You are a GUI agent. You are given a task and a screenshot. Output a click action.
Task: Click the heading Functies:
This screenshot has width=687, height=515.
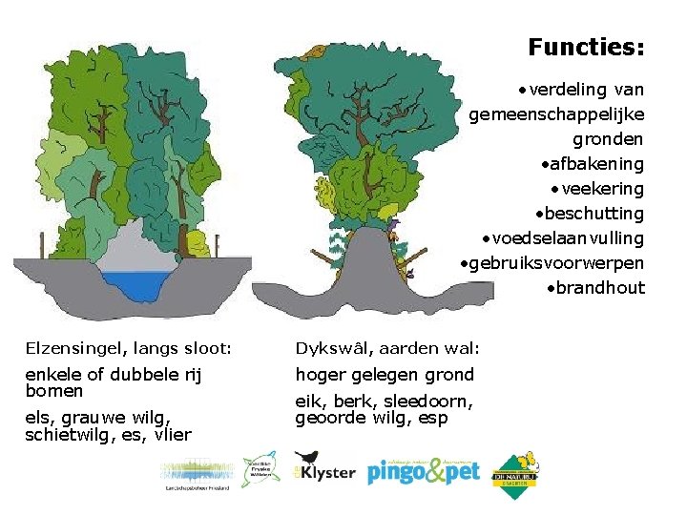click(586, 46)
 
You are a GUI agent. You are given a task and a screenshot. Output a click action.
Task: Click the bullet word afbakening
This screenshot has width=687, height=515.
click(597, 164)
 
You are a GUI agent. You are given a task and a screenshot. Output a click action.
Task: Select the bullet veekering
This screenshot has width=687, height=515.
click(603, 189)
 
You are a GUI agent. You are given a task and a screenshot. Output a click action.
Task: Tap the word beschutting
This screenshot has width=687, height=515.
click(594, 214)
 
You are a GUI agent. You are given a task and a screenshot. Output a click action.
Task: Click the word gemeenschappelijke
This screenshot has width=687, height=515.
click(556, 114)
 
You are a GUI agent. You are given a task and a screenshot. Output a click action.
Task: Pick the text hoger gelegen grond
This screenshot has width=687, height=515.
click(385, 375)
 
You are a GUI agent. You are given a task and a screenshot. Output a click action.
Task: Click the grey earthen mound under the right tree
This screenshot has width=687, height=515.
click(371, 277)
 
